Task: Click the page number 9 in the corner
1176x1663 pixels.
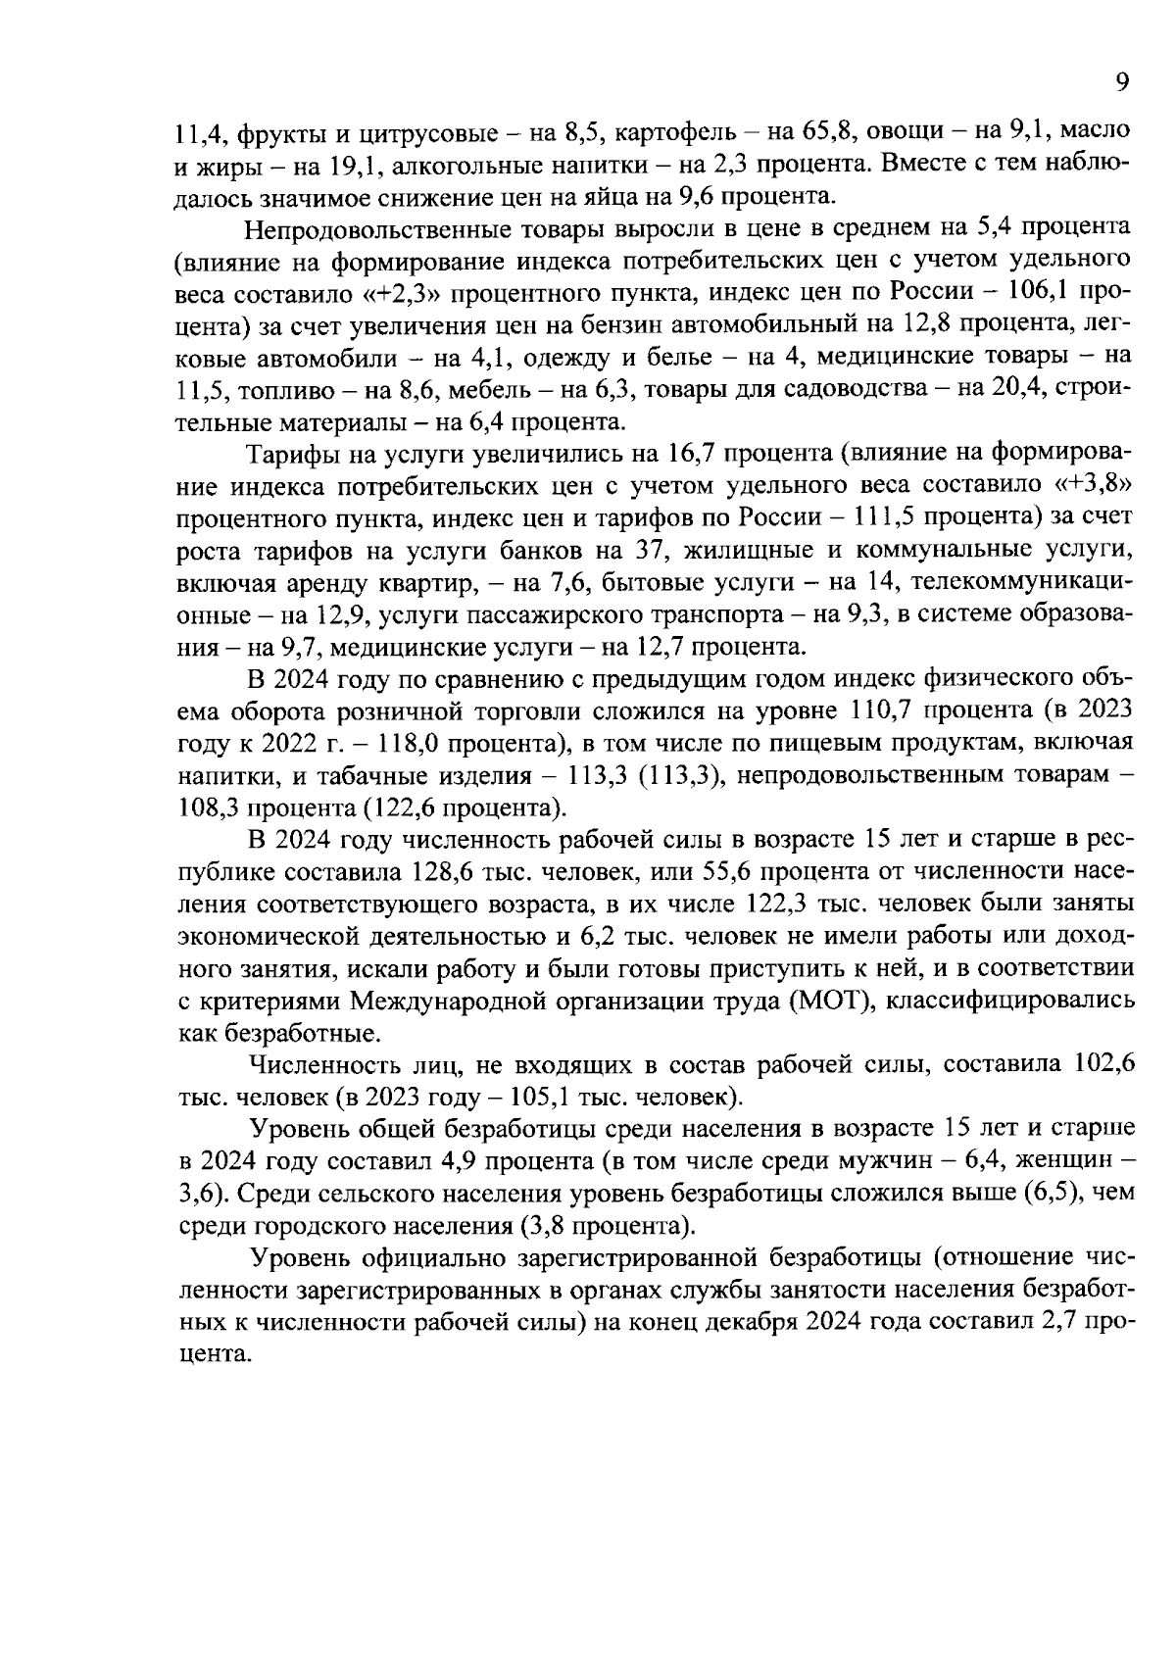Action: click(1123, 83)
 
